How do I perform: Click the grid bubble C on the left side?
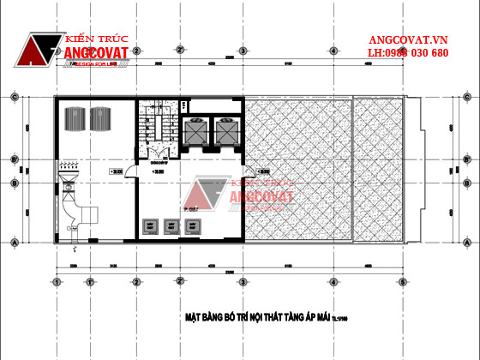coord(15,97)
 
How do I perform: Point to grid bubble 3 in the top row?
coord(243,51)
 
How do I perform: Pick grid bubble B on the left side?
coord(15,183)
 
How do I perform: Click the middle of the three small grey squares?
coord(170,226)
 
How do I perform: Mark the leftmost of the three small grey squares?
coord(149,226)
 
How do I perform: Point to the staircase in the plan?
coord(159,129)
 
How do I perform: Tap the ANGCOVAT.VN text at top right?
coord(408,40)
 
